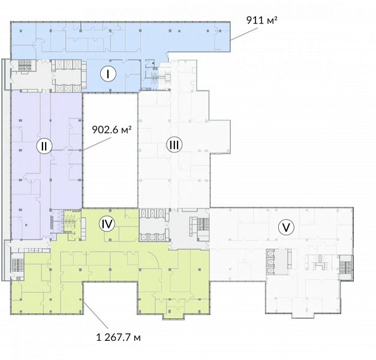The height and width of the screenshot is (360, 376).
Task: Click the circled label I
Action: click(108, 74)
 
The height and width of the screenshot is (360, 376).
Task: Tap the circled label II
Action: click(44, 146)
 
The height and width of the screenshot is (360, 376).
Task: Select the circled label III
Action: click(175, 145)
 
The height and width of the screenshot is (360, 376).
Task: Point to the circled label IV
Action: click(107, 224)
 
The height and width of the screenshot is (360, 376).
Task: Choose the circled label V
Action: click(286, 227)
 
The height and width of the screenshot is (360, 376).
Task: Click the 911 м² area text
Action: click(262, 20)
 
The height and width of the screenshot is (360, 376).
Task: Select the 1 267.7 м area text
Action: click(119, 338)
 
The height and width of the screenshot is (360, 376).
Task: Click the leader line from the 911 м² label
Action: click(244, 34)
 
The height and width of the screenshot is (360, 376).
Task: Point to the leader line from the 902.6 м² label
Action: click(97, 144)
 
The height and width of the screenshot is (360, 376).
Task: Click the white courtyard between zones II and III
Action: click(110, 150)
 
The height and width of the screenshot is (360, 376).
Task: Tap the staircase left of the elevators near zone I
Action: click(23, 65)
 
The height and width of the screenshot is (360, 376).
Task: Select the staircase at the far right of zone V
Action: click(346, 268)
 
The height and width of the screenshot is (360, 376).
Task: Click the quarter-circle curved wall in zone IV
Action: click(155, 259)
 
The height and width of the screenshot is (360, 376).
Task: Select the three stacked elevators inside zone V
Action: click(270, 262)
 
